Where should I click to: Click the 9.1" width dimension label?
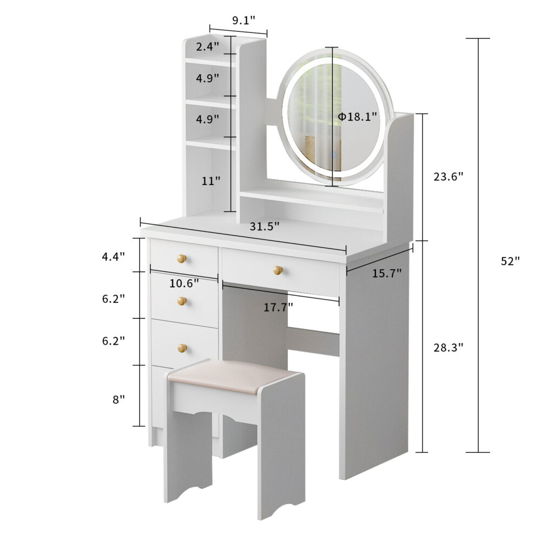point(243,21)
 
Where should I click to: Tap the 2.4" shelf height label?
point(207,47)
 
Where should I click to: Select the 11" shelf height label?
point(210,181)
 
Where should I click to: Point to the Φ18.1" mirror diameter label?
point(358,116)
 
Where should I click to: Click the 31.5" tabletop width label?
point(264,226)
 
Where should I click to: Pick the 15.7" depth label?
point(386,273)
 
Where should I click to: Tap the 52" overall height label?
point(511,261)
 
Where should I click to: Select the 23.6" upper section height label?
point(448,176)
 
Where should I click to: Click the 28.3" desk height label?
point(448,348)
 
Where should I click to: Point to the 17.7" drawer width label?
point(278,307)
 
